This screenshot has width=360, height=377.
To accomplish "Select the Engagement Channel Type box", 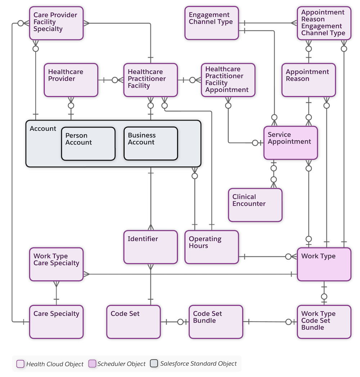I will [x=211, y=23].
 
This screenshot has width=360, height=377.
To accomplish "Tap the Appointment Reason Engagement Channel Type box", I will [x=323, y=23].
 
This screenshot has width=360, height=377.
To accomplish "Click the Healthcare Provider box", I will [x=71, y=80].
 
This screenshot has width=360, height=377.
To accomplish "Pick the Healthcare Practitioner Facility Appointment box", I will [x=227, y=80].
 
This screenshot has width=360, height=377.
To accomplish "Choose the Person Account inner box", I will [x=88, y=143].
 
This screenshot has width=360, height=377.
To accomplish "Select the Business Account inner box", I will [x=151, y=143].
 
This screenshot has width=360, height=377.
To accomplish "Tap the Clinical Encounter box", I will [x=255, y=205].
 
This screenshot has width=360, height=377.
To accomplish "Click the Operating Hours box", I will [x=211, y=247].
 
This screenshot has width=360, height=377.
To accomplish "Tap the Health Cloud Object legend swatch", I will [x=21, y=364].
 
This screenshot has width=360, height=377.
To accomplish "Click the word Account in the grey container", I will [x=43, y=129].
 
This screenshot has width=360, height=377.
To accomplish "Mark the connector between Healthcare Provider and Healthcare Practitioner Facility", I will [x=110, y=80].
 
